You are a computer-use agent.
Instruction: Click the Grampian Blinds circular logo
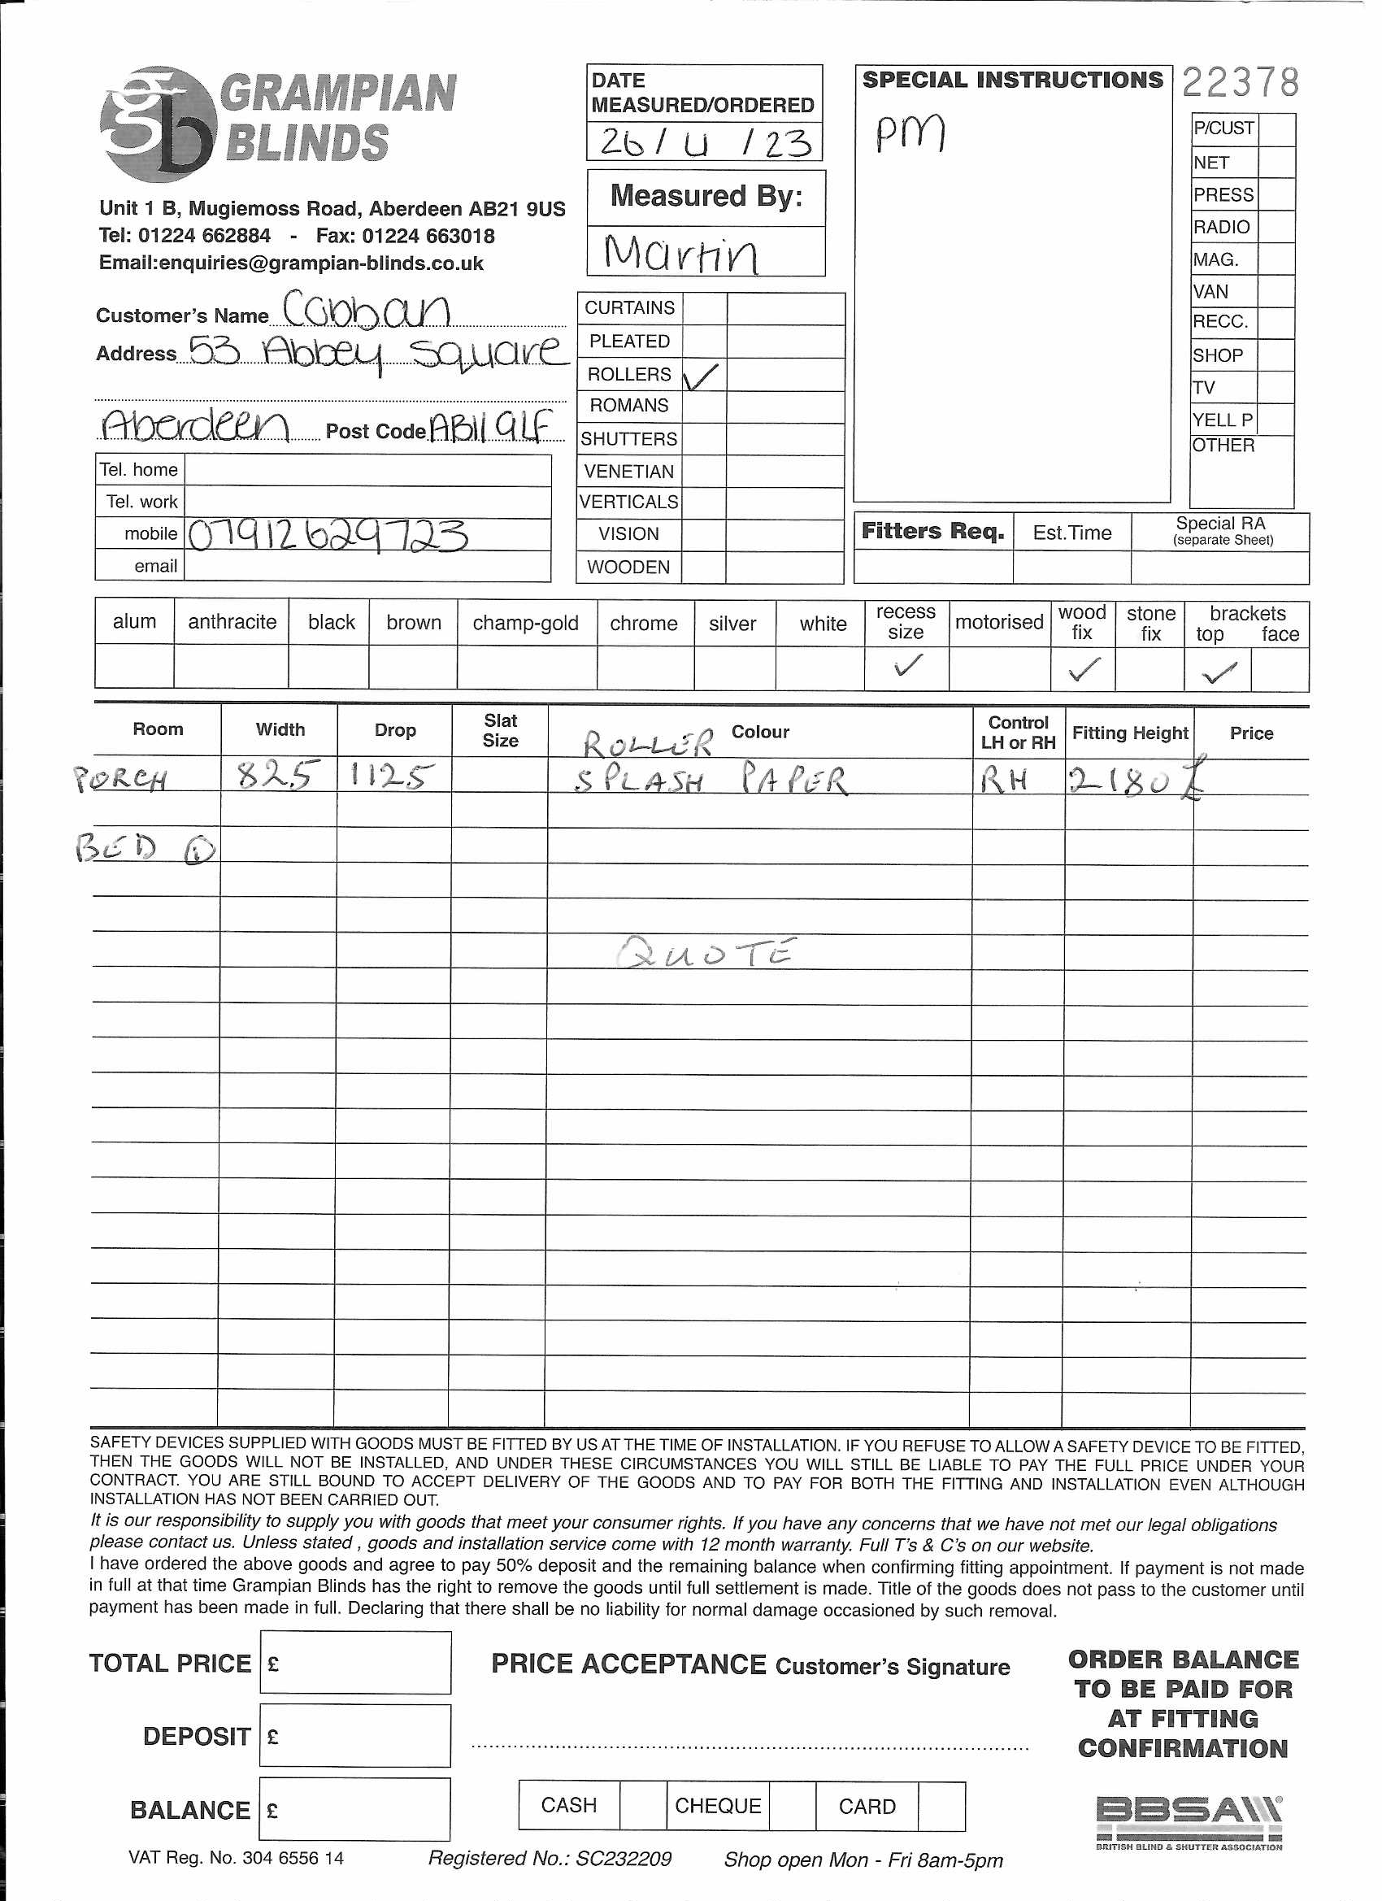(156, 124)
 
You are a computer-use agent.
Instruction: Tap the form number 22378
(1241, 83)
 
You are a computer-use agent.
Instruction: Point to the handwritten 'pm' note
(910, 133)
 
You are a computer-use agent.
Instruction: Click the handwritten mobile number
(327, 536)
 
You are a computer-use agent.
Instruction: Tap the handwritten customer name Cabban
(367, 310)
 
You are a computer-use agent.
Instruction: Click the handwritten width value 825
(278, 776)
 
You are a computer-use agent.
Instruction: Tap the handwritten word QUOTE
(706, 953)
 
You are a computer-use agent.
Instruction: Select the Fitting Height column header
(1130, 733)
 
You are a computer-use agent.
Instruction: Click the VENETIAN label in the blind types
(628, 472)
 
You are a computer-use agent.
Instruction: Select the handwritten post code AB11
(491, 428)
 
